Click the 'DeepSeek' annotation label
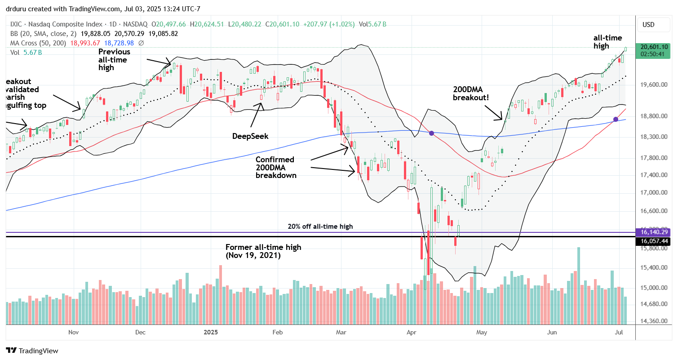250,136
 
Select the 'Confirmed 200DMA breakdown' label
275,167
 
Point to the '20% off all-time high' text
320,227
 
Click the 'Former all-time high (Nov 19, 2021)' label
263,251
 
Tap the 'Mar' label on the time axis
341,333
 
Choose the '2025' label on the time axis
210,333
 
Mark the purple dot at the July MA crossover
616,119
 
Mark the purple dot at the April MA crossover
431,133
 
